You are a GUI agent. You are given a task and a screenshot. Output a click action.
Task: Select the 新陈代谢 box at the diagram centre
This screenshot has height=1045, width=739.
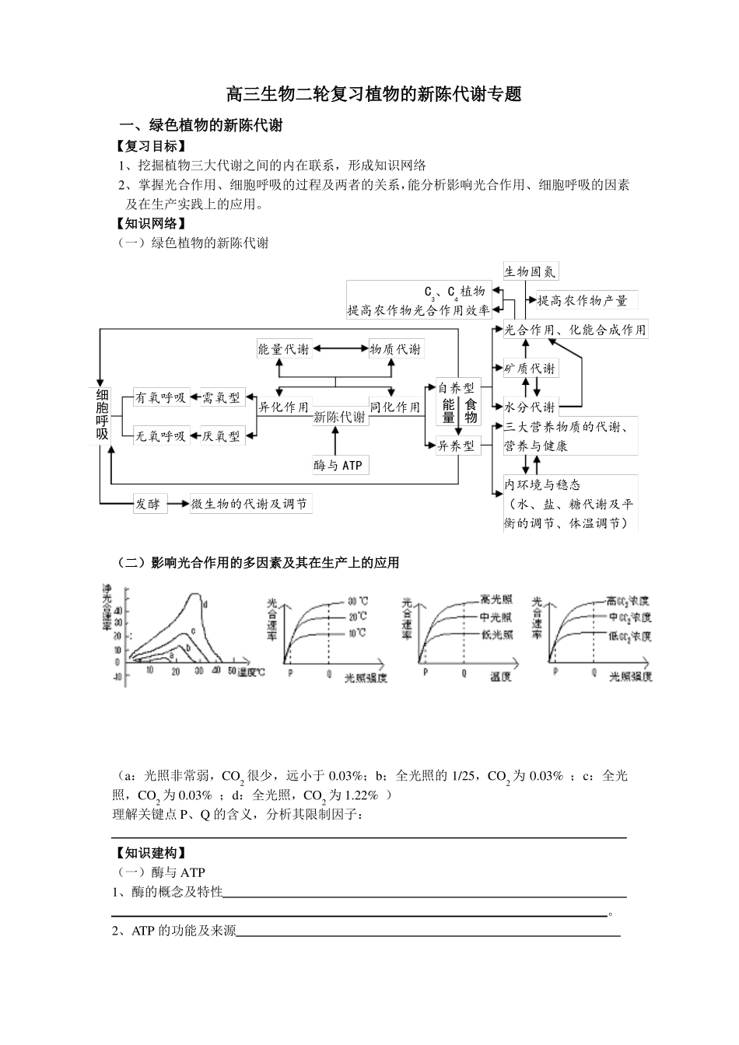tap(339, 418)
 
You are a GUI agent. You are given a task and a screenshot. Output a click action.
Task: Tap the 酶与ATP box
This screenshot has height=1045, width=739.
tap(339, 466)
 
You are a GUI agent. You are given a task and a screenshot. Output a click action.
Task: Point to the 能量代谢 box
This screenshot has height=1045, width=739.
tap(284, 349)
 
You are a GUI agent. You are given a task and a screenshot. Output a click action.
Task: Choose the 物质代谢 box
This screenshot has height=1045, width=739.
tap(394, 349)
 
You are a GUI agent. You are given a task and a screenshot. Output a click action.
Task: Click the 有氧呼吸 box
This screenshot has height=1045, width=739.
tap(160, 397)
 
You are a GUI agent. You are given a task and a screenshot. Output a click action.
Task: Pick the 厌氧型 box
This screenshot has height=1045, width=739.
tap(222, 436)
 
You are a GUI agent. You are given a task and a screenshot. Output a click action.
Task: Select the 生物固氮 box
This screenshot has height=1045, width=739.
tap(531, 271)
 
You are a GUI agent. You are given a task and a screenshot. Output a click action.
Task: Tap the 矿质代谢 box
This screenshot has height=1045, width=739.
tap(530, 369)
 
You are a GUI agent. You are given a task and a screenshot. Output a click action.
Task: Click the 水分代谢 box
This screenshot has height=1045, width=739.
tap(530, 407)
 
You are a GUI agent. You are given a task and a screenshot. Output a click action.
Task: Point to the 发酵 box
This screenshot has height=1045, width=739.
tap(148, 504)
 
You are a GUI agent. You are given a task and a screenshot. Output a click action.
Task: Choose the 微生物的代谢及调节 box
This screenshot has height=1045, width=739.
tap(249, 504)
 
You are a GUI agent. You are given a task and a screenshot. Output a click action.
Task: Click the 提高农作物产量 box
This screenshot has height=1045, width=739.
tap(582, 301)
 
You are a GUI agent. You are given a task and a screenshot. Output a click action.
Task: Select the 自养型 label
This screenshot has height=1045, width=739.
tap(455, 388)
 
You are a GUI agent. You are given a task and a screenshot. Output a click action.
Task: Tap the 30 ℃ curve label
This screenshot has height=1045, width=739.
tap(357, 602)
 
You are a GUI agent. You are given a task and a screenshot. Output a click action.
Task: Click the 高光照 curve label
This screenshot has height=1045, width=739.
tap(496, 599)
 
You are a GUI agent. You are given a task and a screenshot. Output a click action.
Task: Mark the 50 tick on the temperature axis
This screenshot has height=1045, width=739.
tap(231, 672)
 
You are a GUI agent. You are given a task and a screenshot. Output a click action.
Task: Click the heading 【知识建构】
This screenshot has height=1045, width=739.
tap(149, 853)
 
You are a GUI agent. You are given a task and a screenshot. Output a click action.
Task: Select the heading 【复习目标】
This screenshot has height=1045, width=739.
tap(149, 145)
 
